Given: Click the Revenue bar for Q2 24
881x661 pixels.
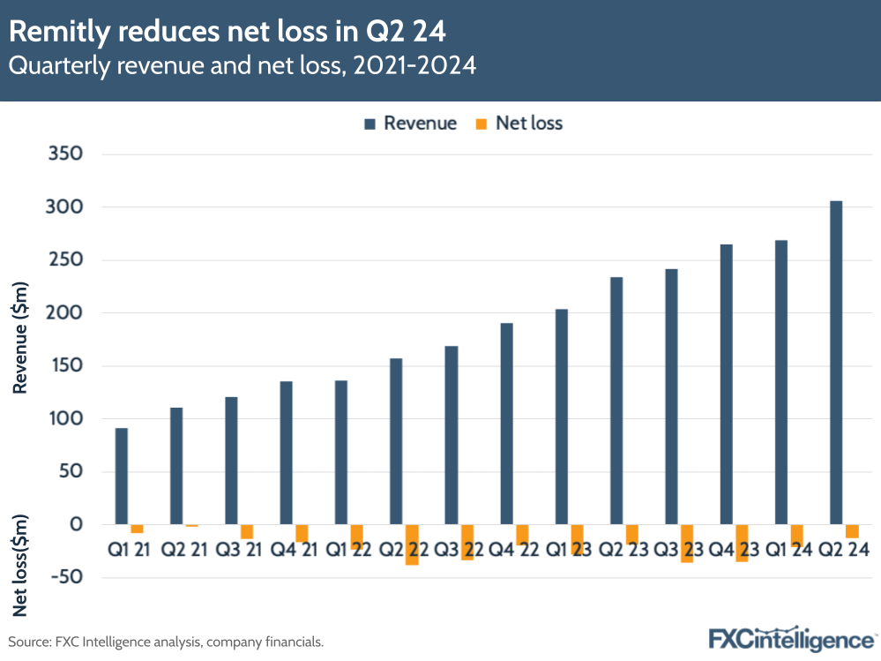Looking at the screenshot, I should (836, 363).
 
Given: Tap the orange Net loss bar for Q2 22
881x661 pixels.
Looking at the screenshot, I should (412, 545).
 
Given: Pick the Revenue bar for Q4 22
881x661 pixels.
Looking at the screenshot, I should (506, 424).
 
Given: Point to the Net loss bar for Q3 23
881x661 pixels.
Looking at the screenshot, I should (687, 544).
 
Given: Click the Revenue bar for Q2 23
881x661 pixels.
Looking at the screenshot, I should (616, 401).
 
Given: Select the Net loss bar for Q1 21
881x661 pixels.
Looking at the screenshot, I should (137, 529).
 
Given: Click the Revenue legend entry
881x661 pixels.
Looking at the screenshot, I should (410, 124).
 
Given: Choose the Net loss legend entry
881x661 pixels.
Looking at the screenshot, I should (519, 124).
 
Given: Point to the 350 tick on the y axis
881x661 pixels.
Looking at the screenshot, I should (64, 154).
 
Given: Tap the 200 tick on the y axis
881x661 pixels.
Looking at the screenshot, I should (64, 313).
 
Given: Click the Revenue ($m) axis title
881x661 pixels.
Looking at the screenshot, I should (21, 338).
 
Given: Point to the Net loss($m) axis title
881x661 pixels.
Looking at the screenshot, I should (21, 566).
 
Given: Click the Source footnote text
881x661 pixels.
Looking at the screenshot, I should (166, 642).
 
